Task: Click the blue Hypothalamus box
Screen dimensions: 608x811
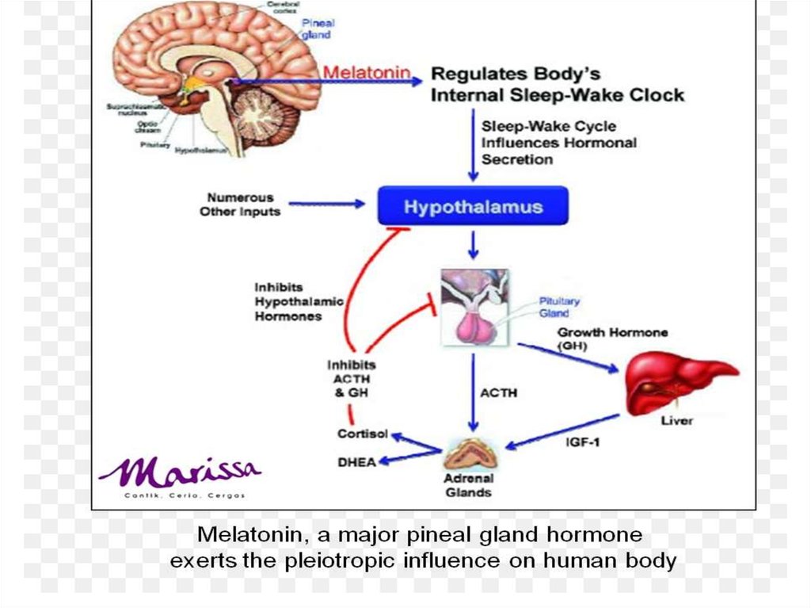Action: coord(473,207)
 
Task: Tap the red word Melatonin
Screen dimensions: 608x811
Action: coord(367,73)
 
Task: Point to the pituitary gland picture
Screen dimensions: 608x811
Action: coord(473,308)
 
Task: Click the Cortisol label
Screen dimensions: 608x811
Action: coord(362,434)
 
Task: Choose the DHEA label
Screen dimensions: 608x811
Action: coord(356,461)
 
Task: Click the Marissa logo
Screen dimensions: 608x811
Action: coord(181,473)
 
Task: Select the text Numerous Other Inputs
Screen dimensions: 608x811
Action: coord(240,205)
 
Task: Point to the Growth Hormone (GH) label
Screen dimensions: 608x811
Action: coord(612,338)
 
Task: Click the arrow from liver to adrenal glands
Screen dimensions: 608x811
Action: coord(562,431)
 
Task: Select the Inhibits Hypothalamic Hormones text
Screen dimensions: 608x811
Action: coord(287,301)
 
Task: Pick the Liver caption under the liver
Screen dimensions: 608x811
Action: coord(676,420)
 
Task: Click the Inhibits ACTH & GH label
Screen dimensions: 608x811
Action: coord(351,378)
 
